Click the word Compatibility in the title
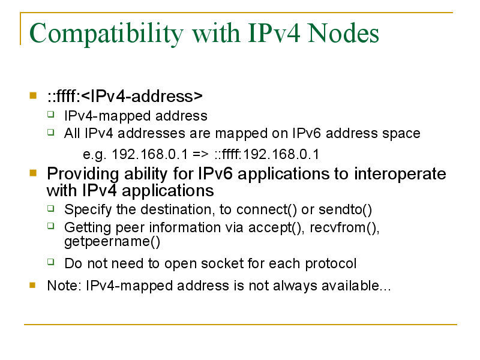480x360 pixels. pos(106,34)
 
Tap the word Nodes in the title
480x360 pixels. pos(343,33)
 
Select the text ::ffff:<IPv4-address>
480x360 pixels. pos(125,96)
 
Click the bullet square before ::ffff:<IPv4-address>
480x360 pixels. pos(33,95)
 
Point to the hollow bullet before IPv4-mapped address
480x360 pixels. pos(51,115)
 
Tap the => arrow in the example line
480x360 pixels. pos(200,154)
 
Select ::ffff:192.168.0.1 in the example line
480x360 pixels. pos(266,154)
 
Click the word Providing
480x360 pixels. pos(83,174)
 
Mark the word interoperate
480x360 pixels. pos(400,174)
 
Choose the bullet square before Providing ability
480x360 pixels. pos(33,173)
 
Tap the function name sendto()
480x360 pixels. pos(346,209)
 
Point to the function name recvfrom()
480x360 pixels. pos(344,228)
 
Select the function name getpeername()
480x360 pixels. pos(112,242)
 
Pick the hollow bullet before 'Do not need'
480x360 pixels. pos(51,262)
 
